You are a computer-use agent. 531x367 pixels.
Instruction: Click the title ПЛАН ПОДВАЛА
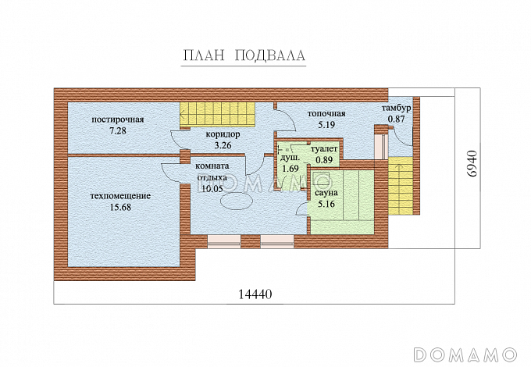coord(244,55)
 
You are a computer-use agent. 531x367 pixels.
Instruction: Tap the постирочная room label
coord(118,119)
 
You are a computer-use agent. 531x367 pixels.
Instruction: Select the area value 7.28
coord(118,130)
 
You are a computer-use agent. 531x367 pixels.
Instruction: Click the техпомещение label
coord(120,196)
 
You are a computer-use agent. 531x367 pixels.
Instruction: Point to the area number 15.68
coord(120,207)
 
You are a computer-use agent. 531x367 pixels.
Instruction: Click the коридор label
coord(223,134)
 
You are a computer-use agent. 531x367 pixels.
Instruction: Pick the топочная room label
coord(326,113)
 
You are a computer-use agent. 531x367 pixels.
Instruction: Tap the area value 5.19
coord(326,125)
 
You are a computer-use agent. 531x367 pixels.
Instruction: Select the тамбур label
coord(397,109)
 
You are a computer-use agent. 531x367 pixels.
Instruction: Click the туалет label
coord(324,149)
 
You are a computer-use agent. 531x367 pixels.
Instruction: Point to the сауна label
coord(326,193)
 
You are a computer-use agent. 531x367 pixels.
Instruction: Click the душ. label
coord(290,158)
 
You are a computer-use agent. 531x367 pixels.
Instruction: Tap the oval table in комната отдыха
coord(237,201)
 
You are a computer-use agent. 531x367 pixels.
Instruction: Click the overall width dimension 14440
coord(255,294)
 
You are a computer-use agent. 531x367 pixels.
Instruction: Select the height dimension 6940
coord(472,164)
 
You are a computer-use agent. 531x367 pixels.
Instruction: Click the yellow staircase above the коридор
coord(217,114)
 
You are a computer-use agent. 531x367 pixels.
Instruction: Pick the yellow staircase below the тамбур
coord(401,186)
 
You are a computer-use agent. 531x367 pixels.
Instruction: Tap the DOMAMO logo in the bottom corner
coord(465,355)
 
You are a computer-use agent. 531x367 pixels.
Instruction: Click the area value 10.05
coord(212,189)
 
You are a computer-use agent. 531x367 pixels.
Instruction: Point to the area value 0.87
coord(396,119)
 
